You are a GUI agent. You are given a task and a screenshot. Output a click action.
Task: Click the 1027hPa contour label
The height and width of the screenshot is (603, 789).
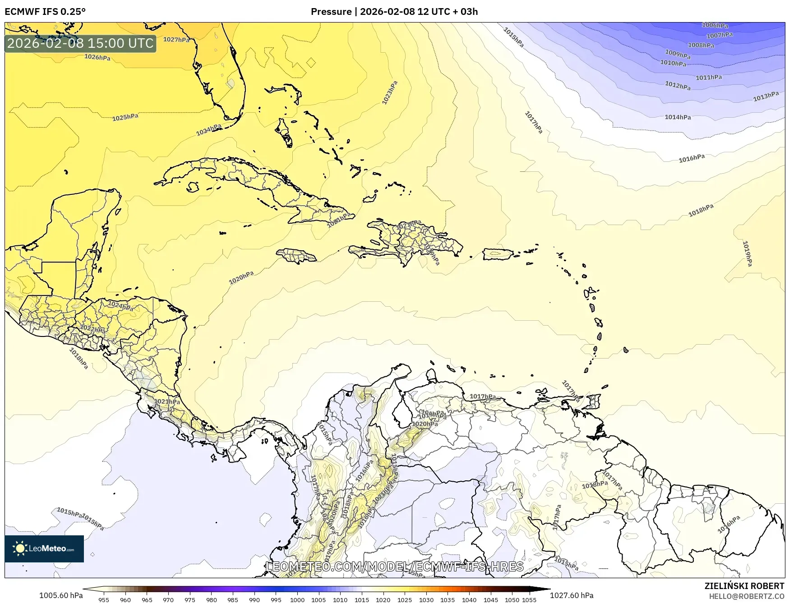[176, 40]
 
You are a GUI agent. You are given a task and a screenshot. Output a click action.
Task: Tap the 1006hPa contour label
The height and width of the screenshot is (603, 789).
[715, 26]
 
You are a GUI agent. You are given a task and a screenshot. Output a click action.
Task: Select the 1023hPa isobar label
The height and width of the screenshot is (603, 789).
[390, 93]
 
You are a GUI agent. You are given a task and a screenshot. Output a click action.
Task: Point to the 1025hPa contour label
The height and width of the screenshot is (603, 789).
[125, 117]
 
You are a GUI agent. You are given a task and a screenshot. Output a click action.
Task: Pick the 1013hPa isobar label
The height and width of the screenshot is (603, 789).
[766, 97]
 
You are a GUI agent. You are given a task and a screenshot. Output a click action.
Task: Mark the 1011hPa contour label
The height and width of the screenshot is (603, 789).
[709, 78]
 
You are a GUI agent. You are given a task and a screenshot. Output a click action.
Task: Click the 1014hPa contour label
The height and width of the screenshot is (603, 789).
[678, 117]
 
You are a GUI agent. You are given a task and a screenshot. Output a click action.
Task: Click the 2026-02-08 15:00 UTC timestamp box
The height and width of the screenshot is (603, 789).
[80, 43]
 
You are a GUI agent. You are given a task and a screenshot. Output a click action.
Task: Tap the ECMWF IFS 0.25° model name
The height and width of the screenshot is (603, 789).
[45, 12]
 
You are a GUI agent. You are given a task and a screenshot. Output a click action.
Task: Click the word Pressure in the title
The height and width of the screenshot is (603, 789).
[331, 12]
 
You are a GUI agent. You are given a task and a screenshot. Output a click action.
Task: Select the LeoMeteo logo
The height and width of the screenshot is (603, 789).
[44, 548]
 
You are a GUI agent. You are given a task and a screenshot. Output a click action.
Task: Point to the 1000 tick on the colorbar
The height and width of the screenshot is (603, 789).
[297, 599]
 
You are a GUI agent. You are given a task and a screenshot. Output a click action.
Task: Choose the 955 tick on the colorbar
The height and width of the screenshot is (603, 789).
[104, 599]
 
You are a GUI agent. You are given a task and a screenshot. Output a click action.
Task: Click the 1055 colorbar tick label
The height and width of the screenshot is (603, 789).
[529, 599]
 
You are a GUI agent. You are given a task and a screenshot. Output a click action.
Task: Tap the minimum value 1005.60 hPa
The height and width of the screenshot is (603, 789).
[61, 595]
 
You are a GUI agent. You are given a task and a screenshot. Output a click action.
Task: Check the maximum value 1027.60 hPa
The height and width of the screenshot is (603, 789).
[572, 595]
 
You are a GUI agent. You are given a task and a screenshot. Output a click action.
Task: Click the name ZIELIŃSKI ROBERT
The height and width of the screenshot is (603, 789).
[744, 586]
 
